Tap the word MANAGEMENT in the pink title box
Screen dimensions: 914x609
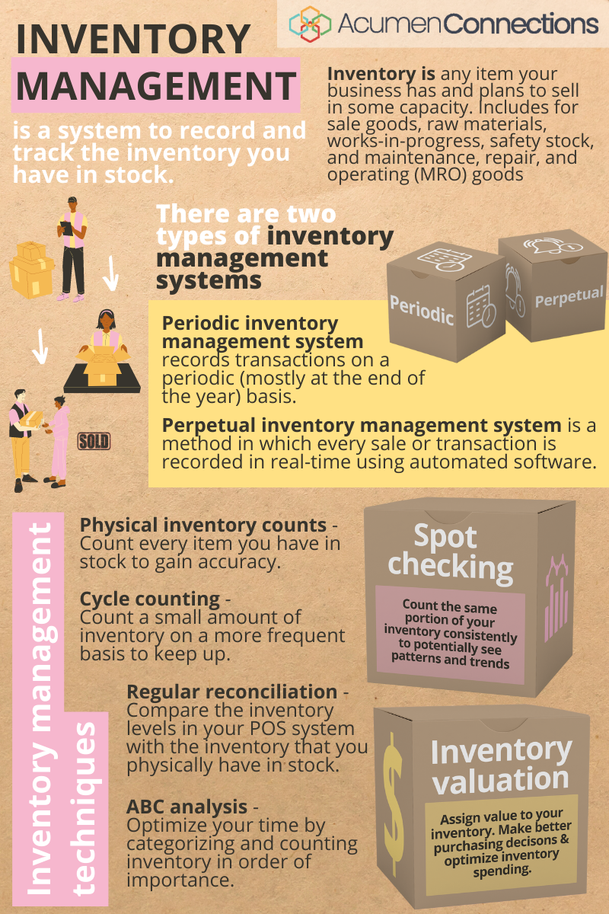(155, 86)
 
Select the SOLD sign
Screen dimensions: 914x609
(94, 441)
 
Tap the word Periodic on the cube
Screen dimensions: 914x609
(422, 310)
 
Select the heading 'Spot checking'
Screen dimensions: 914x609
(451, 551)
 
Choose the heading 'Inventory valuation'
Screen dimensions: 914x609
(499, 765)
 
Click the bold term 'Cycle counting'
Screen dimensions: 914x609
(149, 598)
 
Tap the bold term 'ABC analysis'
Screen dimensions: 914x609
(187, 806)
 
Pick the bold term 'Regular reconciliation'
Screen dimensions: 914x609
(231, 692)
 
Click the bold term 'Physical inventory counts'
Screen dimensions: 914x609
(203, 525)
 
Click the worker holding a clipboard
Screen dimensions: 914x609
(73, 248)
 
